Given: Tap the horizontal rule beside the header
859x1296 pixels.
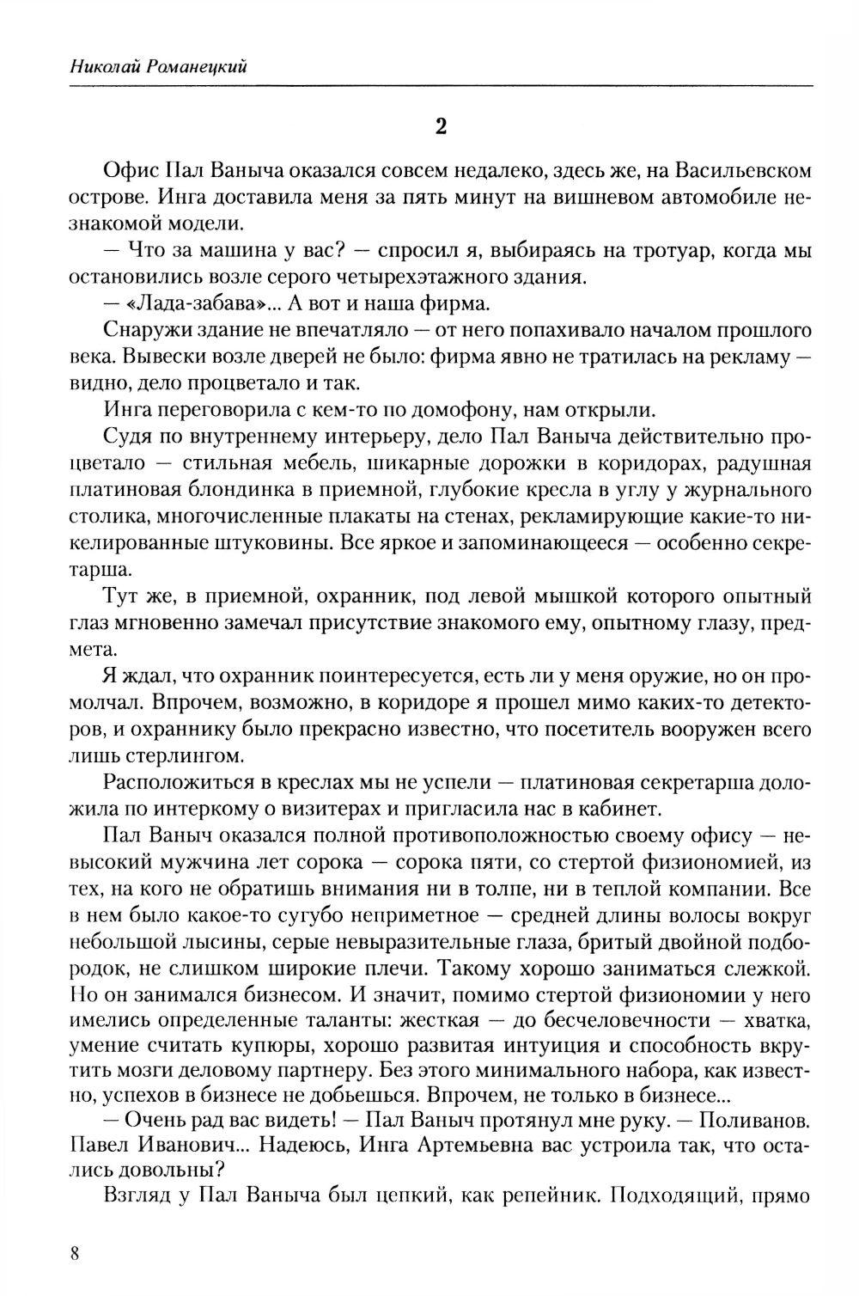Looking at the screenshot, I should pos(533,85).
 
